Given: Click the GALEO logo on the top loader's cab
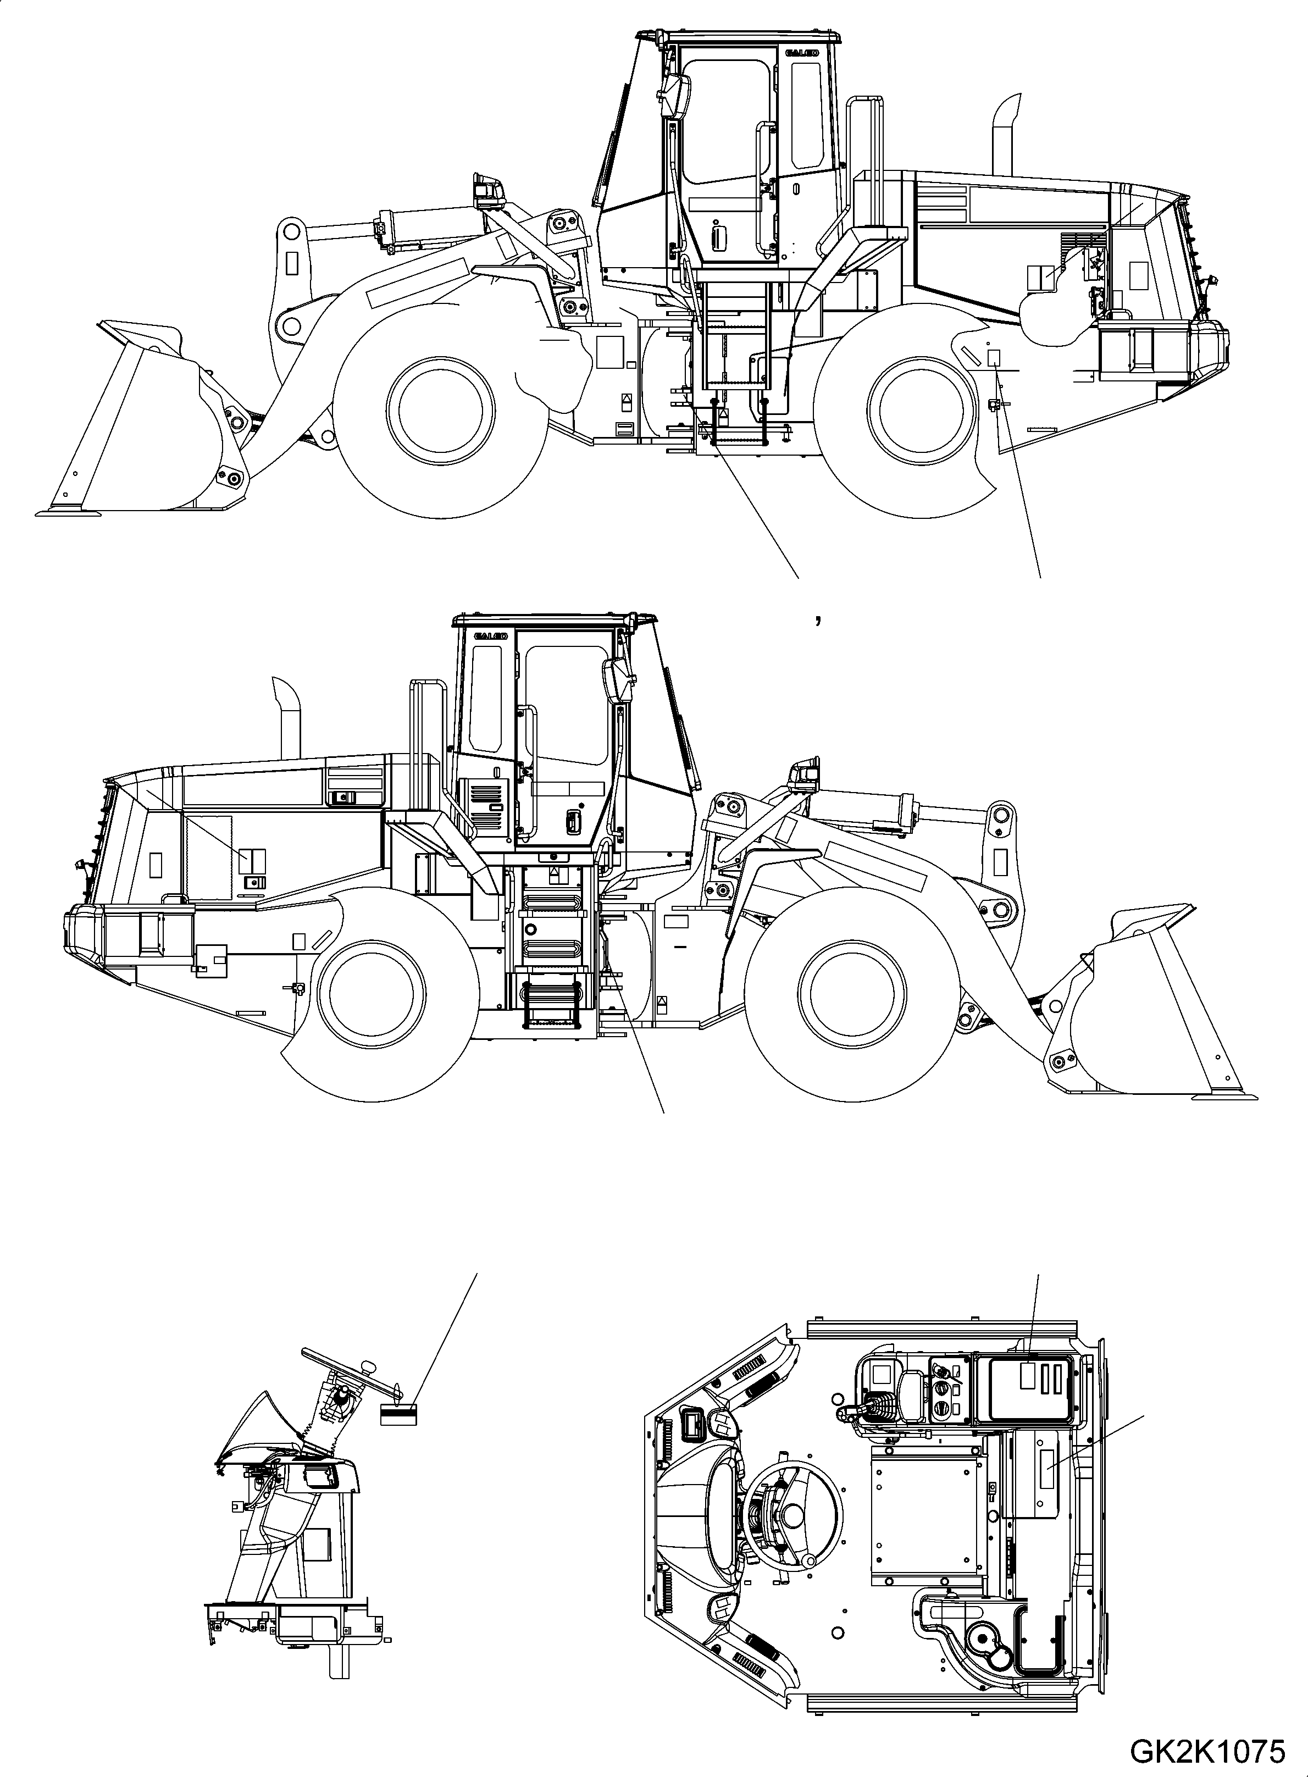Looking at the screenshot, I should pyautogui.click(x=801, y=54).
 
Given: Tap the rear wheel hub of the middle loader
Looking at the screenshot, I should pyautogui.click(x=372, y=994).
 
